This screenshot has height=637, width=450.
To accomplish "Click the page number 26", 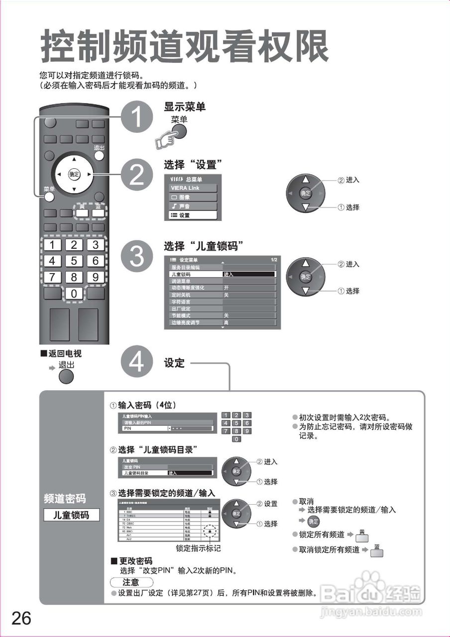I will (21, 618).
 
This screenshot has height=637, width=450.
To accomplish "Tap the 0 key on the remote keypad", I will (74, 294).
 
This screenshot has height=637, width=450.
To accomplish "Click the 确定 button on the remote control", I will (74, 174).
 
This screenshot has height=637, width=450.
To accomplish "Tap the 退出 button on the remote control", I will (100, 155).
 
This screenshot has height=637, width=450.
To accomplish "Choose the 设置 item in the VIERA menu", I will (192, 215).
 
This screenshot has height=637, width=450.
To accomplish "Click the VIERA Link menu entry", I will (192, 188).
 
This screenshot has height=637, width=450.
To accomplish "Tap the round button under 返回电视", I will (66, 376).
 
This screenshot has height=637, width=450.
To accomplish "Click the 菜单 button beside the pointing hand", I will (179, 131).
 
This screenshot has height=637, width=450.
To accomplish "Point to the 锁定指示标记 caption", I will (198, 548).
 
